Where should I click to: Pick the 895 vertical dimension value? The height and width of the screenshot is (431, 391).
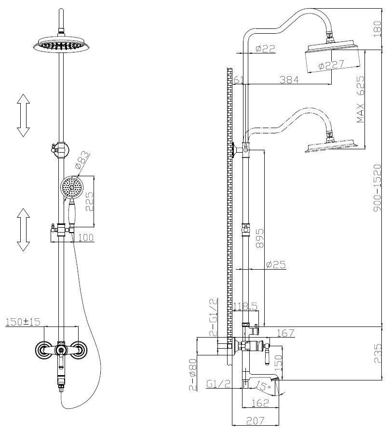(x=260, y=237)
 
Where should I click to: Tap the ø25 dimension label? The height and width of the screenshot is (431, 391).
(x=276, y=264)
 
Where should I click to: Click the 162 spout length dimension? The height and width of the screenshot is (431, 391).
(x=259, y=402)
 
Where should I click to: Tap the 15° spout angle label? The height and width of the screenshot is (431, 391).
(x=263, y=386)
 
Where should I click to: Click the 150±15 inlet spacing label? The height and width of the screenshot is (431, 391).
(x=23, y=321)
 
